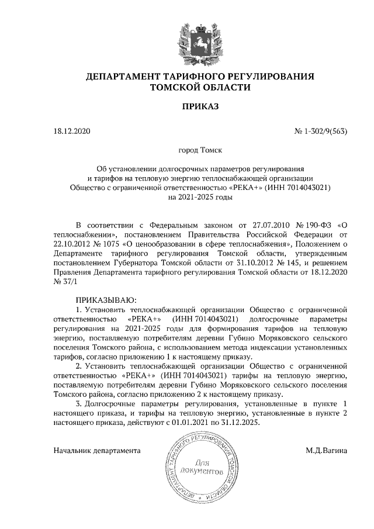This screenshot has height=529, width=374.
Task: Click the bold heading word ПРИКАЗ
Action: [200, 108]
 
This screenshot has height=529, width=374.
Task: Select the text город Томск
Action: [200, 150]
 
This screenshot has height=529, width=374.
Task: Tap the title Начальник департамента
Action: [96, 451]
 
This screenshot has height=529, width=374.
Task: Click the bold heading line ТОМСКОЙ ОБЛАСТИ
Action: [200, 88]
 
